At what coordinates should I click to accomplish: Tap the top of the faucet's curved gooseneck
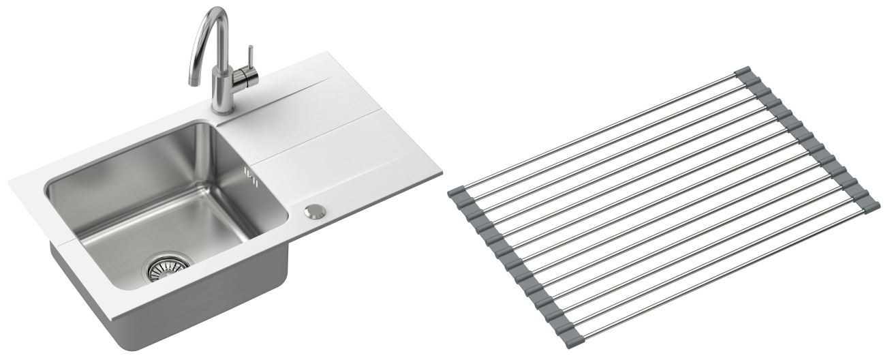(216, 12)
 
